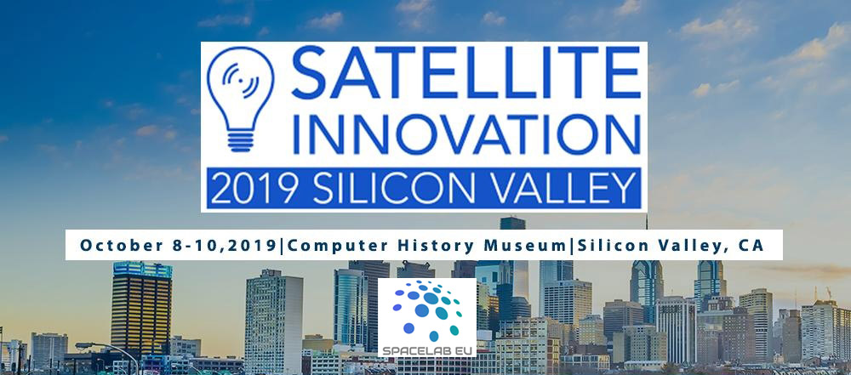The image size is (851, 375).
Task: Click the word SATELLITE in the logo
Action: [x=466, y=73]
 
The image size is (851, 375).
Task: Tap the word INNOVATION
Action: [x=466, y=133]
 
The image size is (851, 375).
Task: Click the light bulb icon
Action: [x=241, y=99]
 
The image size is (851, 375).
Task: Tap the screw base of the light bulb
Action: [x=241, y=139]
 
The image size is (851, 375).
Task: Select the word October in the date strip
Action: [x=116, y=245]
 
